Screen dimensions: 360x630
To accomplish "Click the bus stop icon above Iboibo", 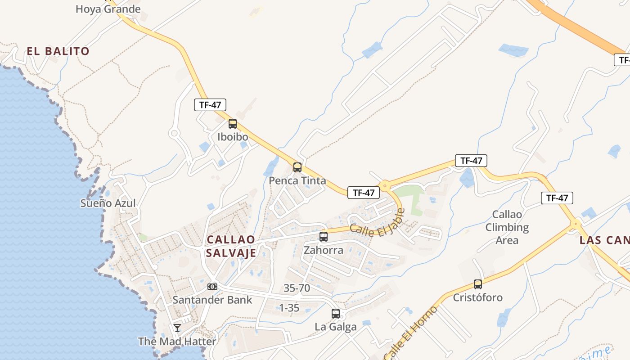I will point(233,124).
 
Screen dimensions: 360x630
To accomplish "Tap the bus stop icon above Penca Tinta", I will point(297,167).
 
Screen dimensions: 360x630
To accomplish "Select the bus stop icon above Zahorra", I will point(324,237).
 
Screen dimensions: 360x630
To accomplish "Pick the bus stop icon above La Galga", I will point(336,314).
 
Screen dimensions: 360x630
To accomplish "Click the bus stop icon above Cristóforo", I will point(478,284).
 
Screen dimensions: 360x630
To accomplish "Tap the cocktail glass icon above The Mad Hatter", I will point(177,328).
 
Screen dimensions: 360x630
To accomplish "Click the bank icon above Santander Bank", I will point(212,287).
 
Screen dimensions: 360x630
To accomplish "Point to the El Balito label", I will point(58,51).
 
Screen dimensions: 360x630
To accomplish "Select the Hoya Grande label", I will point(108,9).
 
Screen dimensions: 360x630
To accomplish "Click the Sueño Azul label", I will point(108,203).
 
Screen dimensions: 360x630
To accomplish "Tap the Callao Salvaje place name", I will point(231,246).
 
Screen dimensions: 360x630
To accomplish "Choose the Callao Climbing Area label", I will point(507,227).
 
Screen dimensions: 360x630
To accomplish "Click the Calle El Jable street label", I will point(377,225).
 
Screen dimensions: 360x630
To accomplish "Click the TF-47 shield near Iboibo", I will point(210,105).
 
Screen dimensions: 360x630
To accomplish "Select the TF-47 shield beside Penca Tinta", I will point(364,193).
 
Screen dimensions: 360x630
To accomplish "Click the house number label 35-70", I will point(297,288).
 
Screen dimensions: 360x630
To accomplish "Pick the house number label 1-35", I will point(289,308).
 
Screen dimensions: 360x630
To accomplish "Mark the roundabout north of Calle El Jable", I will point(385,185).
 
